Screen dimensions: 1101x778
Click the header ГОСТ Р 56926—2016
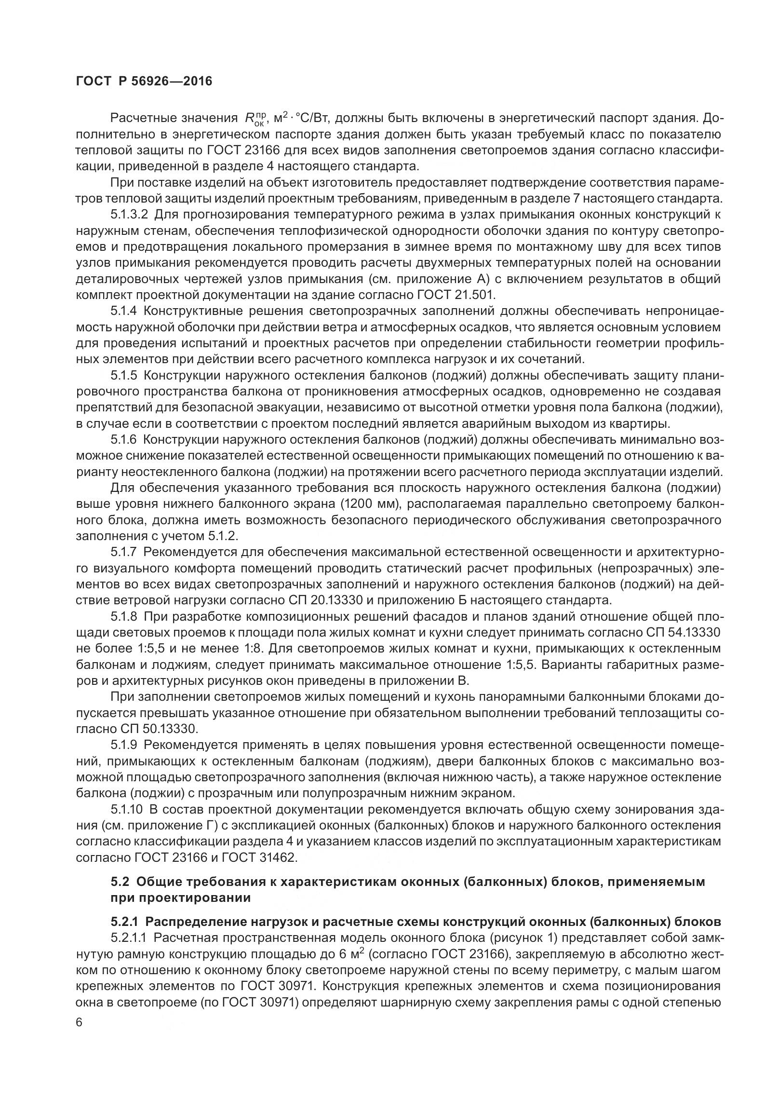[x=144, y=82]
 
